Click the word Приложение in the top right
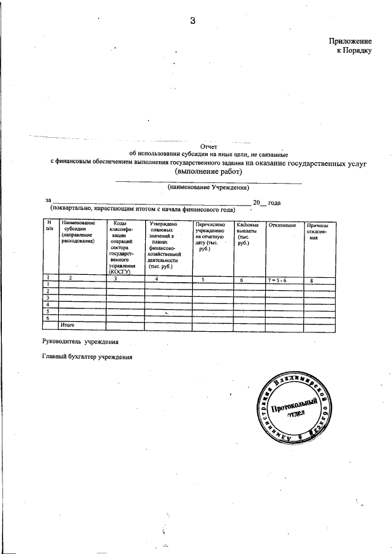(x=350, y=40)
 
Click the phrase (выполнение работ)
(x=208, y=173)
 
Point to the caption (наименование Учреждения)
(x=209, y=187)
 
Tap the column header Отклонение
(x=282, y=226)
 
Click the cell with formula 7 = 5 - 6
(x=282, y=279)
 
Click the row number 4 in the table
(x=48, y=304)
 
